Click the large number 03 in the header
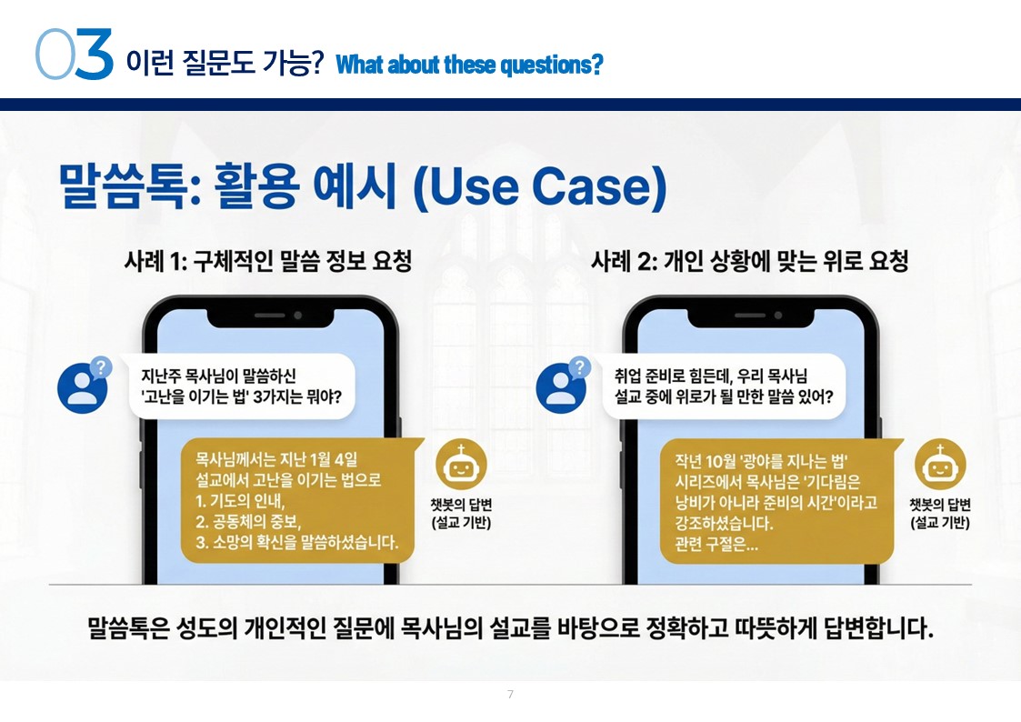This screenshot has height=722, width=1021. (x=75, y=55)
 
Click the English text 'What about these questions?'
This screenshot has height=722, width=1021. (x=469, y=65)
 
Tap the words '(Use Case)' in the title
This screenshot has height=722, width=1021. (x=540, y=186)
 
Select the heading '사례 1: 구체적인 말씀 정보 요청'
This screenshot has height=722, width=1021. (x=267, y=261)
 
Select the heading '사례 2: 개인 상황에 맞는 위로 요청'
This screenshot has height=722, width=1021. (x=749, y=261)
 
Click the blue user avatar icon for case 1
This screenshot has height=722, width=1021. (x=83, y=388)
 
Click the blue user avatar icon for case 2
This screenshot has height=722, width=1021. (x=561, y=388)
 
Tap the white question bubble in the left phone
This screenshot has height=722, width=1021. (x=242, y=386)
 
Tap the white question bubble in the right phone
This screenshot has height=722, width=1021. (x=724, y=386)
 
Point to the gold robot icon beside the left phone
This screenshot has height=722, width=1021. (x=461, y=464)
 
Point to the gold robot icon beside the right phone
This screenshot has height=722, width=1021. (x=939, y=464)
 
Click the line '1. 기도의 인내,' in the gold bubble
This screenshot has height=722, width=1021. (x=240, y=501)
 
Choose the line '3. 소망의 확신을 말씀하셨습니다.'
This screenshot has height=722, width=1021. (x=297, y=542)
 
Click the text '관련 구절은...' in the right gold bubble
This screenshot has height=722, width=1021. (x=716, y=544)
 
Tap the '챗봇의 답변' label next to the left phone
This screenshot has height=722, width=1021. (x=461, y=505)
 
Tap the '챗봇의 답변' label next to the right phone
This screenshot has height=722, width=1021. (x=939, y=505)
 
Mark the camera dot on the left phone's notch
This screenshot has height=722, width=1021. (x=297, y=316)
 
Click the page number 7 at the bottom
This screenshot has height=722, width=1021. (x=511, y=694)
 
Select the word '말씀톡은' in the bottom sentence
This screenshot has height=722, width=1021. (x=128, y=628)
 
